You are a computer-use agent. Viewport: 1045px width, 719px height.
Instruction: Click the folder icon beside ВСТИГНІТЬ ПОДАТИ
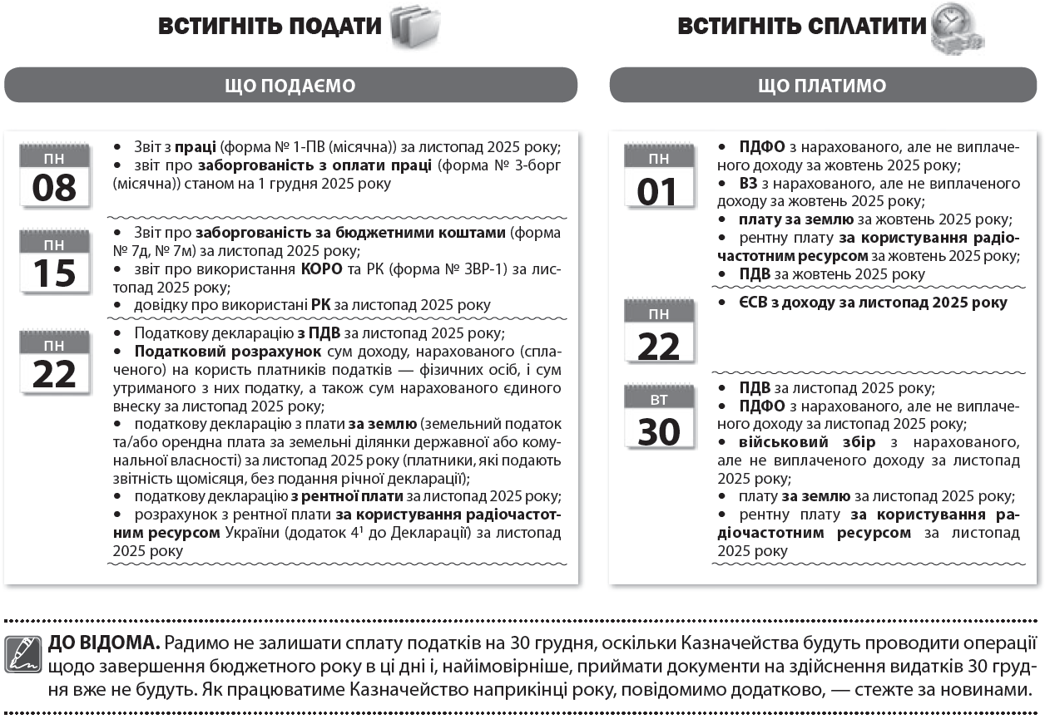[x=414, y=25]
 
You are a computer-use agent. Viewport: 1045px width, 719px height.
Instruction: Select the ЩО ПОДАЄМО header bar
[x=290, y=86]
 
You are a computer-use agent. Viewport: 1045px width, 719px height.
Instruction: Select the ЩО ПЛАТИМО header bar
[x=822, y=86]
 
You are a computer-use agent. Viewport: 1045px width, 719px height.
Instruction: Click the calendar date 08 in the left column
[x=54, y=176]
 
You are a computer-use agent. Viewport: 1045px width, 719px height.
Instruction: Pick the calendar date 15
[x=54, y=262]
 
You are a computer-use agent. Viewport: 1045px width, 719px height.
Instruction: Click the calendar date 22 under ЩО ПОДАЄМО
[x=54, y=363]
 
